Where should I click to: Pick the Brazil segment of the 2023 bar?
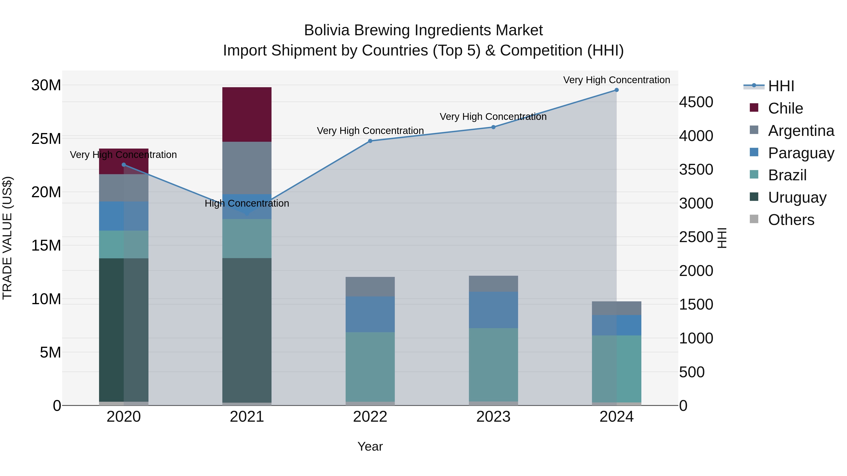point(493,365)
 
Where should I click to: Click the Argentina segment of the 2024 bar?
point(616,308)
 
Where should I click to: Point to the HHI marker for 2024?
point(616,90)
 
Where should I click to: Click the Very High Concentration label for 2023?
point(493,117)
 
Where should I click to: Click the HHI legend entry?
point(781,86)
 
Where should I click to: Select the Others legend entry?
point(791,220)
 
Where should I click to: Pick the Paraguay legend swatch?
point(754,152)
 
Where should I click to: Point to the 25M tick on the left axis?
point(46,139)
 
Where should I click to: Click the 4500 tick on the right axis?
point(696,102)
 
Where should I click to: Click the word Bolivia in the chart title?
point(326,30)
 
